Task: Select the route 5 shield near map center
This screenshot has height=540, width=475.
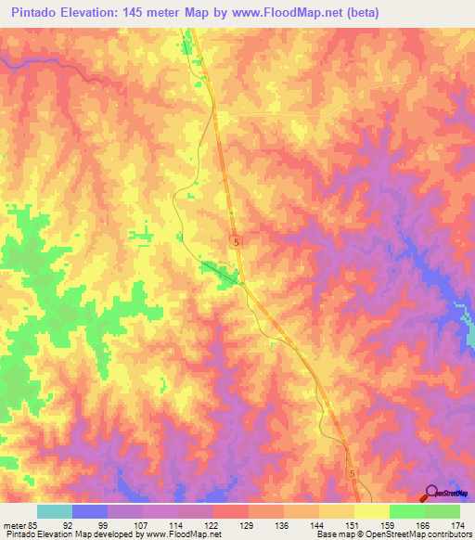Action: point(237,240)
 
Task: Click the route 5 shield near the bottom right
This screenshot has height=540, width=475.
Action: point(352,473)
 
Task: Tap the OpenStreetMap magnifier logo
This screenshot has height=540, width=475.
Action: point(432,493)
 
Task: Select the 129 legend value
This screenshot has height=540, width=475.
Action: point(248,525)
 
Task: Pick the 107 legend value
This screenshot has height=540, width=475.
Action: point(142,525)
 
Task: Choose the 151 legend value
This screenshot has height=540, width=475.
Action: point(353,525)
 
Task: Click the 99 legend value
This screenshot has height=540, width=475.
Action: point(108,525)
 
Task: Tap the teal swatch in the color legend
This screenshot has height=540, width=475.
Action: point(55,511)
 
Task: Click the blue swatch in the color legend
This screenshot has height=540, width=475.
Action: point(90,511)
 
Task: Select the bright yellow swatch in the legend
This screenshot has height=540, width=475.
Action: point(371,511)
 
